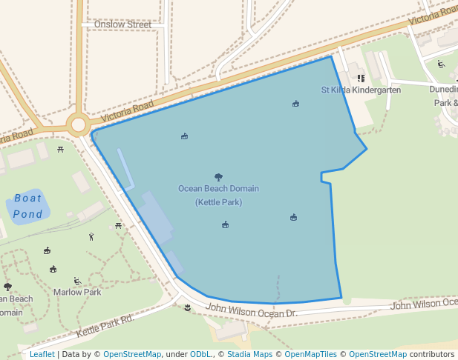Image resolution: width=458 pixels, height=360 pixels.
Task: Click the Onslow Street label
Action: coord(122,24)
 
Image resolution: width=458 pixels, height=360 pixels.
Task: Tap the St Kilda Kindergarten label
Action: coord(361,90)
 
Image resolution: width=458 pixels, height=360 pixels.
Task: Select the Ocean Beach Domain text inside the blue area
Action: coord(218,188)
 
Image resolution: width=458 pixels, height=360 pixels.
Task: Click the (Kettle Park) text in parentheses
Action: coord(218,202)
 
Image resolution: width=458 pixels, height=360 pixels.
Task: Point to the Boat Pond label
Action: coord(27,206)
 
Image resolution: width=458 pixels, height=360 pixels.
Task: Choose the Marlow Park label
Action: coord(77,292)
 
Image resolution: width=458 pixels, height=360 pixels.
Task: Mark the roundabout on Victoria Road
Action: coord(78,124)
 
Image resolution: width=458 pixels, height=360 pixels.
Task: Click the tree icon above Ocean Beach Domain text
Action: coord(218,177)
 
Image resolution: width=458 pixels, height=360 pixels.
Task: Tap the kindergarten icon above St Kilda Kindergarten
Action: coord(361,77)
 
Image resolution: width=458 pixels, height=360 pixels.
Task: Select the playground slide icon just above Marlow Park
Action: coord(77,281)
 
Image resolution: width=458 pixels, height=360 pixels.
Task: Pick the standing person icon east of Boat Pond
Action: coord(91,237)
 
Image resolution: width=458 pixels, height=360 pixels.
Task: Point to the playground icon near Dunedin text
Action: coord(442,64)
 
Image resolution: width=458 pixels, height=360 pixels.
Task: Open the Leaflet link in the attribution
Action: coord(42,354)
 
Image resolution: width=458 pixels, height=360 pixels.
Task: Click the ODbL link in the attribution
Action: coord(199,354)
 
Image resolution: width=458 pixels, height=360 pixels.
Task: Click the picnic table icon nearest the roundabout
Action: coord(60,149)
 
